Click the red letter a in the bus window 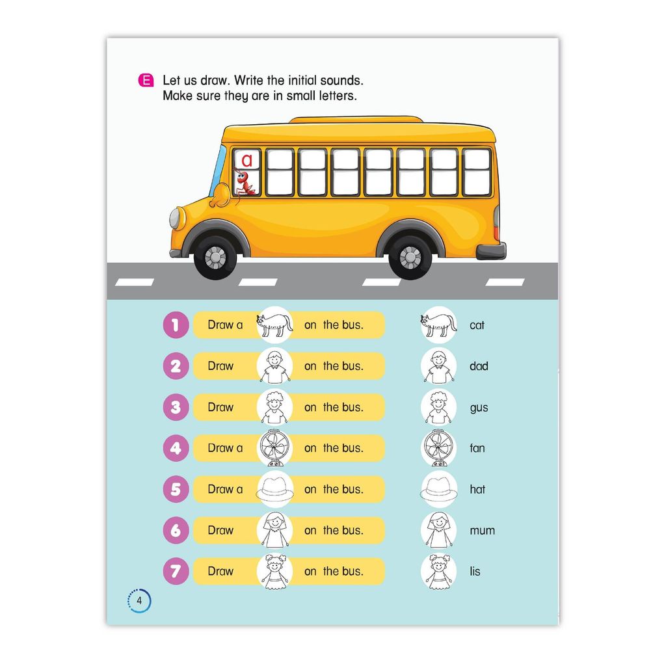coord(246,160)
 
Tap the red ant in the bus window coord(245,182)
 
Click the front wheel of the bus coord(216,258)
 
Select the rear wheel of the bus coord(410,258)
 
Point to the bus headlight coord(175,219)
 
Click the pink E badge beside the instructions coord(146,80)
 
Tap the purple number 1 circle coord(176,325)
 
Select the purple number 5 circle coord(176,489)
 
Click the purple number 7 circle coord(176,571)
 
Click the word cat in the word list coord(477,325)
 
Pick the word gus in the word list coord(479,408)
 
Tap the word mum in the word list coord(482,531)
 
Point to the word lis coord(475,571)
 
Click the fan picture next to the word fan coord(439,448)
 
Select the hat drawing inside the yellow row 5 coord(275,489)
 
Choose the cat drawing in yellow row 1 coord(274,325)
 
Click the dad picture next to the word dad coord(439,366)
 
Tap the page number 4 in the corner coord(139,600)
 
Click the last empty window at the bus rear coord(477,172)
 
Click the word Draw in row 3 coord(220,407)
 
